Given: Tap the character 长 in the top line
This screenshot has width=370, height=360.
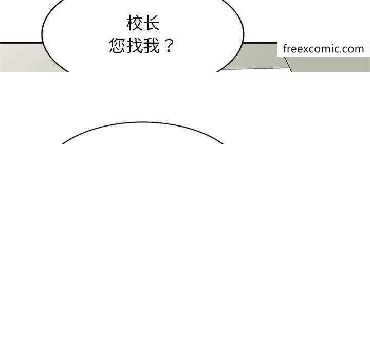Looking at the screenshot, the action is click(152, 23).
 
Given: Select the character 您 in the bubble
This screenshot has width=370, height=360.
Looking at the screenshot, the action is click(117, 45).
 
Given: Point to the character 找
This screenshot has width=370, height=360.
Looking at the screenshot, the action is click(135, 45).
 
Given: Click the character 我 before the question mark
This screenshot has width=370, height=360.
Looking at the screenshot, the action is click(152, 45).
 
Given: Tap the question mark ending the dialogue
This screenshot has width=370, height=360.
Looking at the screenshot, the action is click(169, 46).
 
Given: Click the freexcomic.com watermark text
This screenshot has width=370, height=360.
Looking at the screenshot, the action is click(324, 49).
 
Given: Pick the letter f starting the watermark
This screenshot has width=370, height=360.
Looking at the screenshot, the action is click(286, 49).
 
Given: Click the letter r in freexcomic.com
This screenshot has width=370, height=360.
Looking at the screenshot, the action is click(290, 50).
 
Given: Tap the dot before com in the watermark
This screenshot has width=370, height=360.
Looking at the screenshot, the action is click(345, 52).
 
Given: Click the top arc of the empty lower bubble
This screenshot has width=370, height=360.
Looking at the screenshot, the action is click(142, 122).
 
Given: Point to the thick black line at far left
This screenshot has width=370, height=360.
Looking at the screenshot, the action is click(21, 43).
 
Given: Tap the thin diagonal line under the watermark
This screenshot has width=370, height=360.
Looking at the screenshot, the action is click(288, 64).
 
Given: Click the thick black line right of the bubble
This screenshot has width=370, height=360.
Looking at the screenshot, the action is click(260, 43).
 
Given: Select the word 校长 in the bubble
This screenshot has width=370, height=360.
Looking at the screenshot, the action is click(143, 23).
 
